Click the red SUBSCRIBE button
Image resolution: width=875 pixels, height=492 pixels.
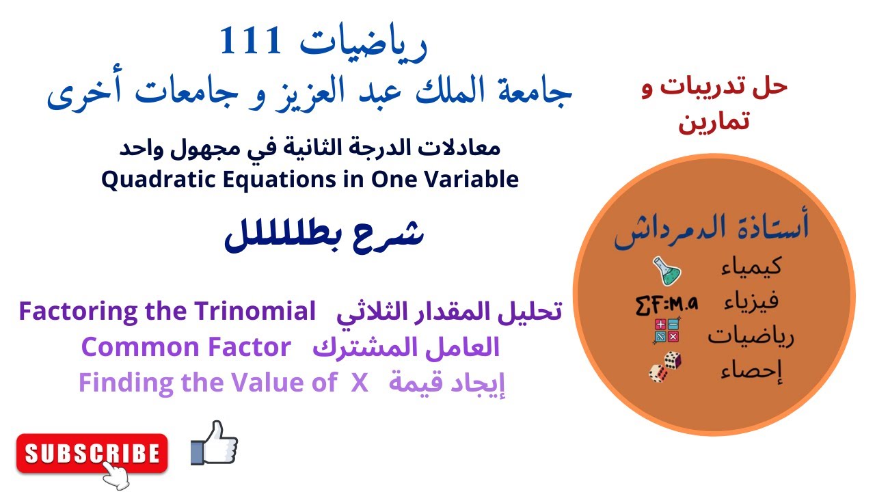click(92, 452)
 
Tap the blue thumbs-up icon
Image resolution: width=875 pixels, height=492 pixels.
click(214, 443)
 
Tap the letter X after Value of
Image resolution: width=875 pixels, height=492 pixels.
click(360, 383)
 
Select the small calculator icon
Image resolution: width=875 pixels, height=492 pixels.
click(666, 331)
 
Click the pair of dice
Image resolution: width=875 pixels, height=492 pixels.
click(665, 367)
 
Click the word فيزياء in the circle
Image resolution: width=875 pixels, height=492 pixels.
click(750, 301)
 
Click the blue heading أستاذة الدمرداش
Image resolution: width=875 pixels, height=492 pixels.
click(712, 230)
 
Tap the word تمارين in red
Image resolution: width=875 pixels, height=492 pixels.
click(714, 122)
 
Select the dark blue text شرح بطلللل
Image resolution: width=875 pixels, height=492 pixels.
click(324, 236)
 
